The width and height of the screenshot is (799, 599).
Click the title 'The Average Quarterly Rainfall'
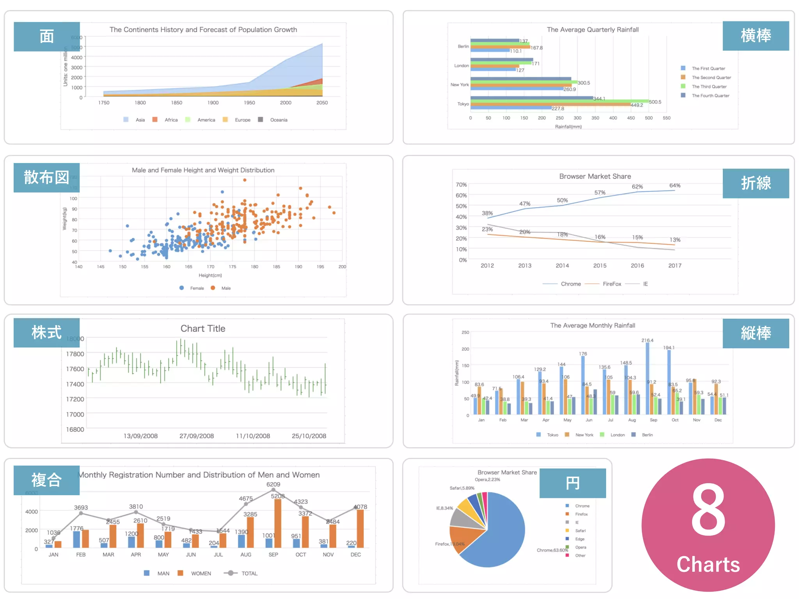click(x=592, y=30)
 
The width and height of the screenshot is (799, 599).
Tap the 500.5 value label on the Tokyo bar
click(x=655, y=102)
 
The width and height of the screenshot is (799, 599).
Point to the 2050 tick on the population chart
click(x=322, y=103)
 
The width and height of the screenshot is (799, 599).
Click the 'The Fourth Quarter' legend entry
click(x=710, y=96)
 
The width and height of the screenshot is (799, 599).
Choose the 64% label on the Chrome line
click(x=675, y=185)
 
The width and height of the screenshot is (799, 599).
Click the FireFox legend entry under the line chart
click(x=611, y=284)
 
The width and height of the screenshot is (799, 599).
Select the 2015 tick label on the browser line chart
click(x=600, y=266)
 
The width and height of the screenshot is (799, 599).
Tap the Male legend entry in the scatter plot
click(x=225, y=288)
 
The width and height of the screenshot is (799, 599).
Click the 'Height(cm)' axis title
click(x=210, y=275)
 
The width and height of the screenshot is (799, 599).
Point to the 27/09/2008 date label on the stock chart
click(x=197, y=436)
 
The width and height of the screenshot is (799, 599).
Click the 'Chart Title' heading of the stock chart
click(x=203, y=328)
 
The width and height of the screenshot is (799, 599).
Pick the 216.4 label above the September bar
click(x=647, y=340)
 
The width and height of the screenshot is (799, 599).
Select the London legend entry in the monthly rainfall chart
click(x=617, y=435)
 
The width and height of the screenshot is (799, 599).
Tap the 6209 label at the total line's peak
click(x=273, y=484)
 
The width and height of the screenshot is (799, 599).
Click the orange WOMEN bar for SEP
click(x=278, y=523)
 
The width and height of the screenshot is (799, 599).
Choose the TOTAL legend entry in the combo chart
click(x=249, y=573)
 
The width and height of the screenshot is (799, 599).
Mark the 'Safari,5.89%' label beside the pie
click(x=462, y=488)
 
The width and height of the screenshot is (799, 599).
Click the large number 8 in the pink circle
click(x=708, y=511)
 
